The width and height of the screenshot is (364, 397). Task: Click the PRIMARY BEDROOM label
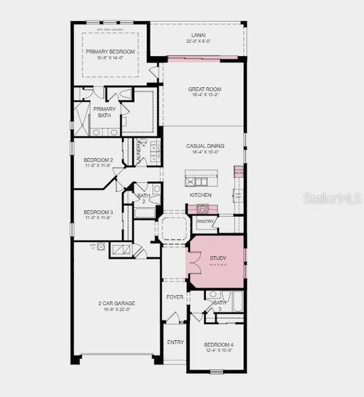(x=110, y=52)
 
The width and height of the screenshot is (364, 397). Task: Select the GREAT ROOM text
(x=205, y=89)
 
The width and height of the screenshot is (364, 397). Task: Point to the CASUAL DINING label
(x=205, y=146)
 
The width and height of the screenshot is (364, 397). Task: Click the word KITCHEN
(x=201, y=195)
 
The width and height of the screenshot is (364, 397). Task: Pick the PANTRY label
(x=205, y=222)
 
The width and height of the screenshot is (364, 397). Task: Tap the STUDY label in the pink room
(x=218, y=258)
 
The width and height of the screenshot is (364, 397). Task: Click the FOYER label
(x=175, y=297)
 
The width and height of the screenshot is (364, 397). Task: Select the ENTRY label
(x=175, y=342)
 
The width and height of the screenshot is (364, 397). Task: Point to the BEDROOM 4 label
(x=218, y=345)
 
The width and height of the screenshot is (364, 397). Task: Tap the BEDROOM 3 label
(x=98, y=212)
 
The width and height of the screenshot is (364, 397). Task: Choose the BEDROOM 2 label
(x=98, y=160)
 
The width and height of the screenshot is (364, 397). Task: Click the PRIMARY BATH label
(x=104, y=112)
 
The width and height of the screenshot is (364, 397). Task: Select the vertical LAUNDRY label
(x=139, y=152)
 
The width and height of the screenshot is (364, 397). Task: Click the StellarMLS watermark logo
(x=332, y=198)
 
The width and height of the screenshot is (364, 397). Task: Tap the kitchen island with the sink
(x=202, y=179)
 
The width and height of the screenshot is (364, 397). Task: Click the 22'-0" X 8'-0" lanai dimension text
(x=198, y=42)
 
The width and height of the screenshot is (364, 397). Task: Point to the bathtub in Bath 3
(x=235, y=304)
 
